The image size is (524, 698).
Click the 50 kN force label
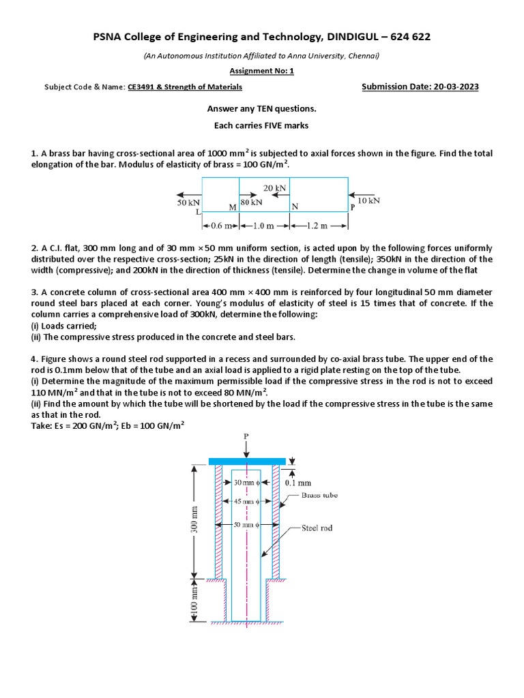pos(189,203)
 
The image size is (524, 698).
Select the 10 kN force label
pos(368,200)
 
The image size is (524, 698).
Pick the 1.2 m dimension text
pos(319,226)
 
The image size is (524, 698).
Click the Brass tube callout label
pos(319,496)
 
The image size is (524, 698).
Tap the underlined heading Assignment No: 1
pos(261,70)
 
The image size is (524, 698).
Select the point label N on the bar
pos(295,207)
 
